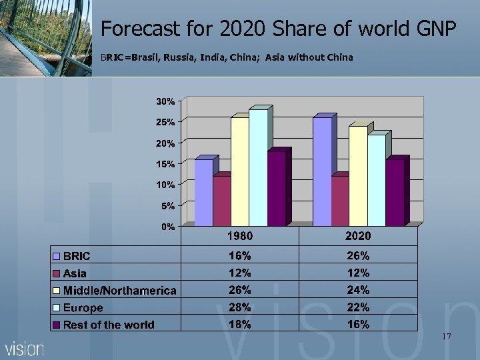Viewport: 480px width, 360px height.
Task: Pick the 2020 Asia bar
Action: point(340,200)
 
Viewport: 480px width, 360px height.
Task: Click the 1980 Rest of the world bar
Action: point(276,189)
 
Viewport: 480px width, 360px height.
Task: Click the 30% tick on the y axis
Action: point(165,101)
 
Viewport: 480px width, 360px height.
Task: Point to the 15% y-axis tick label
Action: point(165,164)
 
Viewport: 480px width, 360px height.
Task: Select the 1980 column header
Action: point(240,236)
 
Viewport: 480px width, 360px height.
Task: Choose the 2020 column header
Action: point(358,236)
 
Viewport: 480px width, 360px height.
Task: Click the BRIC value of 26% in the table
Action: point(358,255)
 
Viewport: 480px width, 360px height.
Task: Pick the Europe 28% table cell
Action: point(240,307)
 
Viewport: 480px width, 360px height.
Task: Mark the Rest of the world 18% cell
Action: point(240,325)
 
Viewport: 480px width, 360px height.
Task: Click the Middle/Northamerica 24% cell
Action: point(358,290)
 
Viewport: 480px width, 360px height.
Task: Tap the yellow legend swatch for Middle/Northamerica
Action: point(57,291)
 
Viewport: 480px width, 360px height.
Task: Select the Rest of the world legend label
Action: point(109,325)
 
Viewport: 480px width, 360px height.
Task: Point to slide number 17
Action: point(446,337)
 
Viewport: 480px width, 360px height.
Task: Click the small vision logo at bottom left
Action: point(25,349)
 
